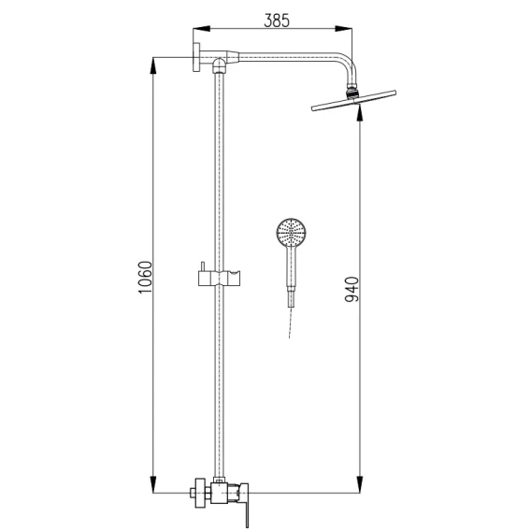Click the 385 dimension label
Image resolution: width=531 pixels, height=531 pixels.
(x=277, y=21)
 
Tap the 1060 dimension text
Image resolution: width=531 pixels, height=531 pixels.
(x=146, y=278)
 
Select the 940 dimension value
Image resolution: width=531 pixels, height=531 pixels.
(x=352, y=289)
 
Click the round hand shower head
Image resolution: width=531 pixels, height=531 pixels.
(x=292, y=233)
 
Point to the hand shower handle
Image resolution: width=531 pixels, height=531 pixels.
(x=292, y=276)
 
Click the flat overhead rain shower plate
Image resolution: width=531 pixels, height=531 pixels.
(x=353, y=101)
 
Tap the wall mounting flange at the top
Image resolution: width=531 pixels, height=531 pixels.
(x=196, y=57)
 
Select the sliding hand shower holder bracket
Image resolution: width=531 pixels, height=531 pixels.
(x=219, y=278)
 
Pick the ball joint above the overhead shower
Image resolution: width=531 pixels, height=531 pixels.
(x=352, y=93)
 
